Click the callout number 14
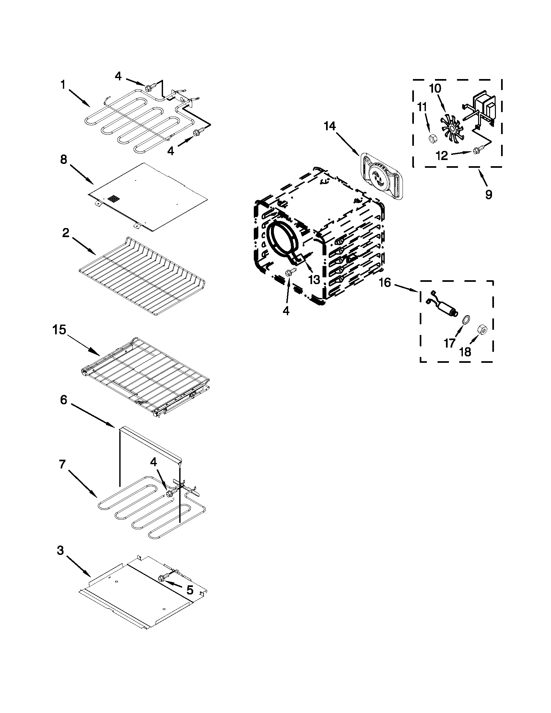(x=330, y=126)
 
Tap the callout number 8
(x=64, y=160)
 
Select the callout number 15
(x=59, y=330)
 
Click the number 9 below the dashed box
(x=488, y=195)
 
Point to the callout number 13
(x=314, y=280)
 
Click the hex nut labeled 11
(x=432, y=139)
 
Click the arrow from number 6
(x=92, y=415)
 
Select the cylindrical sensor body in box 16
(x=446, y=307)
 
